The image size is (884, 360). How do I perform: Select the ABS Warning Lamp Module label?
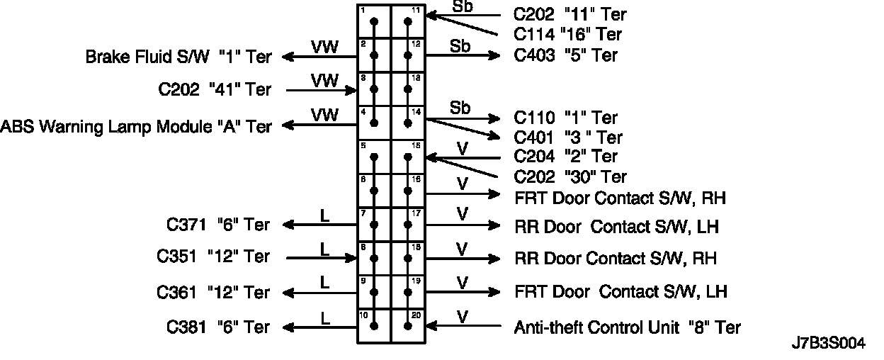(137, 126)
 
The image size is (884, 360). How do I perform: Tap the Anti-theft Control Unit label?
(627, 327)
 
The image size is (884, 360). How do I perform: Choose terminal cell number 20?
(408, 326)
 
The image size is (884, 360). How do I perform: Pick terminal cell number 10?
(374, 326)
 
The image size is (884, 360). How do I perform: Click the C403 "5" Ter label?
(565, 55)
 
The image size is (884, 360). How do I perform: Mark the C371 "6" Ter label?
(218, 225)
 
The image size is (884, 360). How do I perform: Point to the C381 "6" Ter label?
(218, 327)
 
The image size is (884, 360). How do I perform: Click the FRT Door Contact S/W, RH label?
(620, 197)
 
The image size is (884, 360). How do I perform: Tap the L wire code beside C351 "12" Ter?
(325, 249)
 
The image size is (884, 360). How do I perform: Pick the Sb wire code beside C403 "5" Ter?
(461, 46)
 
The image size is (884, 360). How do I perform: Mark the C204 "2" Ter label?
(565, 156)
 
